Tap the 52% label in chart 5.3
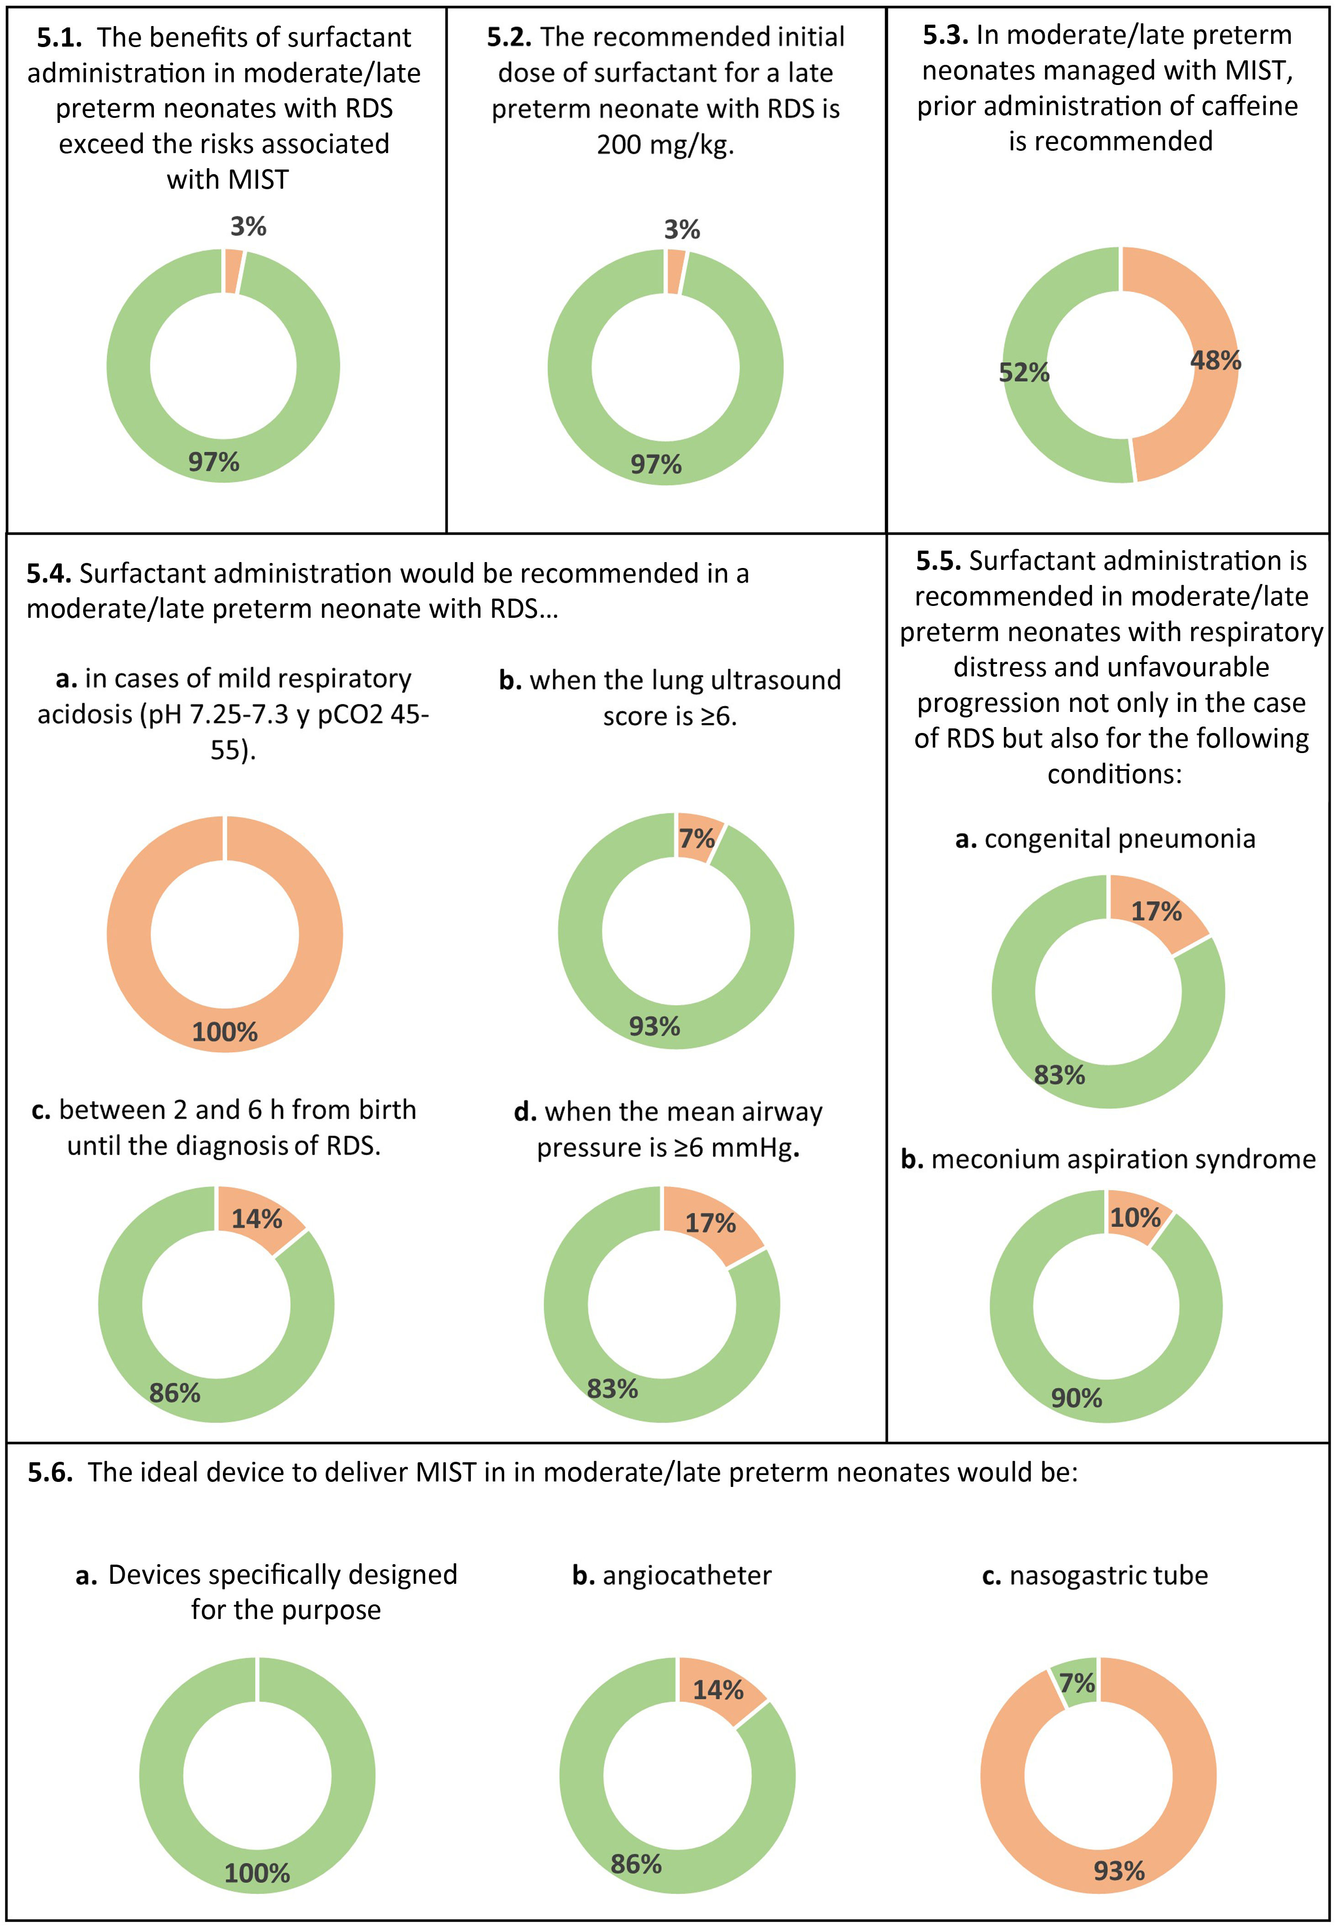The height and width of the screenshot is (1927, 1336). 1023,373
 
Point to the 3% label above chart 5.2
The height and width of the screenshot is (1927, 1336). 681,229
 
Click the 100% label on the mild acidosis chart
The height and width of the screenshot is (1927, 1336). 224,1032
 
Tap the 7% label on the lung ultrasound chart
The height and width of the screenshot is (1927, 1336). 697,839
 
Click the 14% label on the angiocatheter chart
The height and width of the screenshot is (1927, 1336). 718,1689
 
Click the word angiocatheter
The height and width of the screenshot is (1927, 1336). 686,1575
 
